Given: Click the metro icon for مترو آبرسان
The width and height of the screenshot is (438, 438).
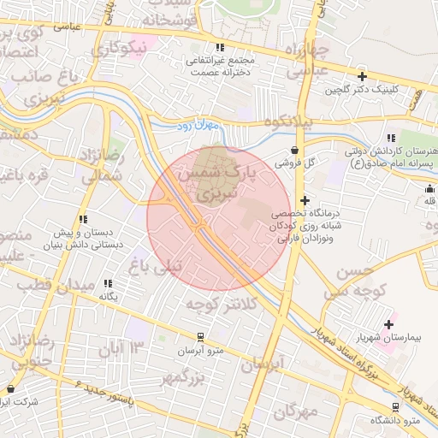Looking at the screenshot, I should [200, 337].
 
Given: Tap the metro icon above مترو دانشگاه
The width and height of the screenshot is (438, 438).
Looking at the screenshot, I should [395, 406].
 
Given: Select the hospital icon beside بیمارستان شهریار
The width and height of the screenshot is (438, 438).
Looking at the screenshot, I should [390, 324].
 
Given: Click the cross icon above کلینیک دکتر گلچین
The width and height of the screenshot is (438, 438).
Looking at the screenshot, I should [363, 76].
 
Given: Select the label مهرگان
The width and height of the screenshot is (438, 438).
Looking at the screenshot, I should [296, 412].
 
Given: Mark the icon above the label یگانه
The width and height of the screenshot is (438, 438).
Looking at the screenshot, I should [108, 283].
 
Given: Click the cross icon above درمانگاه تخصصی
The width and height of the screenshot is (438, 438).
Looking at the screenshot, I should [304, 200].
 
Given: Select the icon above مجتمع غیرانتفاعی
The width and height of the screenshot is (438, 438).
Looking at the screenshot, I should [221, 48].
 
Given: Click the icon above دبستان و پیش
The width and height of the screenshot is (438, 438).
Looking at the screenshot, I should [83, 219].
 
